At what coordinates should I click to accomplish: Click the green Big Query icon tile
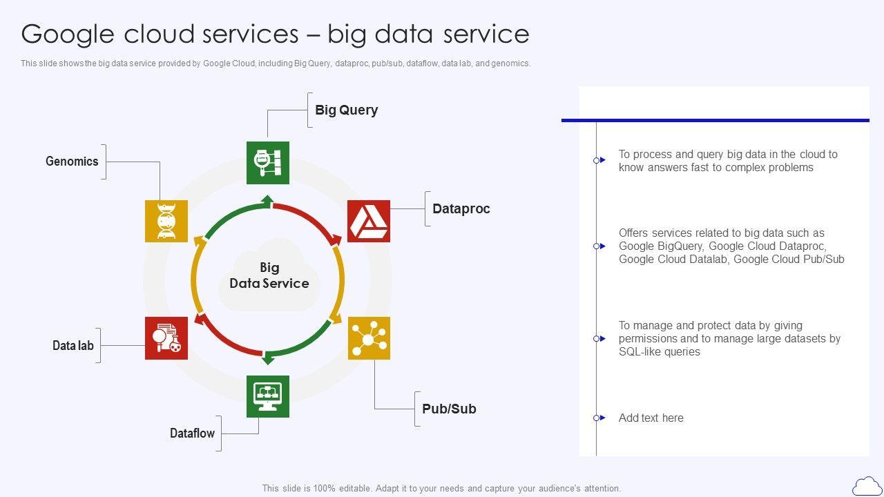pyautogui.click(x=268, y=163)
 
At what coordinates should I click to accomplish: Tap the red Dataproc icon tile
pyautogui.click(x=369, y=222)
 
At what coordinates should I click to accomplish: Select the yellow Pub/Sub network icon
pyautogui.click(x=369, y=338)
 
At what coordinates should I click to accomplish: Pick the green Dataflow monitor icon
pyautogui.click(x=268, y=396)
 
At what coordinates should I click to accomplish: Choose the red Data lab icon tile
pyautogui.click(x=166, y=338)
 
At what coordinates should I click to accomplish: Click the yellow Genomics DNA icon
pyautogui.click(x=166, y=222)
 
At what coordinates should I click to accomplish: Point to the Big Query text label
pyautogui.click(x=346, y=110)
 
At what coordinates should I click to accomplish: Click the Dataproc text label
pyautogui.click(x=461, y=208)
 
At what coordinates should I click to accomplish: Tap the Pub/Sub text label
pyautogui.click(x=449, y=409)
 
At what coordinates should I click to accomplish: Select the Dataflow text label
pyautogui.click(x=192, y=433)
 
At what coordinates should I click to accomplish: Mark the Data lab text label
pyautogui.click(x=73, y=345)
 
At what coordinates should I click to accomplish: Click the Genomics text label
pyautogui.click(x=72, y=162)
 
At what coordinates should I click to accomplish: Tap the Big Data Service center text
pyautogui.click(x=269, y=275)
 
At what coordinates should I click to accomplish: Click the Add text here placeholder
pyautogui.click(x=651, y=418)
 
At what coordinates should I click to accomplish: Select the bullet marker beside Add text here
pyautogui.click(x=598, y=418)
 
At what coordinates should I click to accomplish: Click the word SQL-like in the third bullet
pyautogui.click(x=641, y=352)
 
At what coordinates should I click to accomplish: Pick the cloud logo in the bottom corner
pyautogui.click(x=867, y=485)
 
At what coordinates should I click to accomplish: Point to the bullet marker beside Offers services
pyautogui.click(x=598, y=246)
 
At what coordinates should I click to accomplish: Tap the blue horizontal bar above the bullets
pyautogui.click(x=715, y=121)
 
